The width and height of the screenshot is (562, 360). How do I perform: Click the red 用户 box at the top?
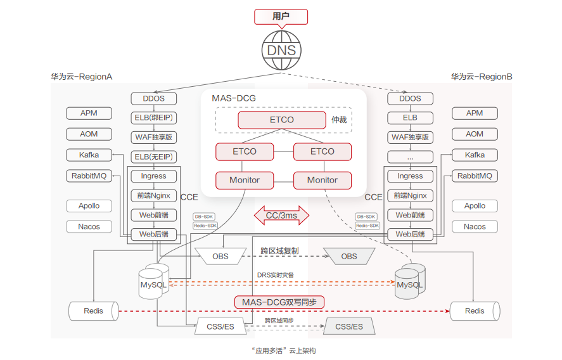[281, 17]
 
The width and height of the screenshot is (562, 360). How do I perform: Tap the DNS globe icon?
[281, 50]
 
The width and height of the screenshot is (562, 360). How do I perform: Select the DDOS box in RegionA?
[154, 98]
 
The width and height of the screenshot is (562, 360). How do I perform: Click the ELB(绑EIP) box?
[154, 117]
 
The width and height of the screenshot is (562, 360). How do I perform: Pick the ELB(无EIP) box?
[154, 157]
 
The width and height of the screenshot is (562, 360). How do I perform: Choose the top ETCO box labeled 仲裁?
[280, 119]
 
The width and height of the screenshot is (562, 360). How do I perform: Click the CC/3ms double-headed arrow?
[281, 215]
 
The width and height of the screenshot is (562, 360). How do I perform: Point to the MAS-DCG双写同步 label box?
[279, 302]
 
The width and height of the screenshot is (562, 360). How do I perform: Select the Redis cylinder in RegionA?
[93, 311]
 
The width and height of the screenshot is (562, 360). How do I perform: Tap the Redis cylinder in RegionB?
[475, 311]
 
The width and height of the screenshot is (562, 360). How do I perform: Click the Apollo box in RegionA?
[89, 205]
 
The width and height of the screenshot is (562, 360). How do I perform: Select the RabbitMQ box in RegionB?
[475, 176]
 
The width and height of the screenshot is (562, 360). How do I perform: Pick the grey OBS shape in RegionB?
[349, 256]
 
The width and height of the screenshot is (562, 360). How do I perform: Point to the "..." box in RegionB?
[410, 157]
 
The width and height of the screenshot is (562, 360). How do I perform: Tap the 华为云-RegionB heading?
[482, 77]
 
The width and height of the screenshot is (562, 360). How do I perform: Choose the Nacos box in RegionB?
[475, 226]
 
